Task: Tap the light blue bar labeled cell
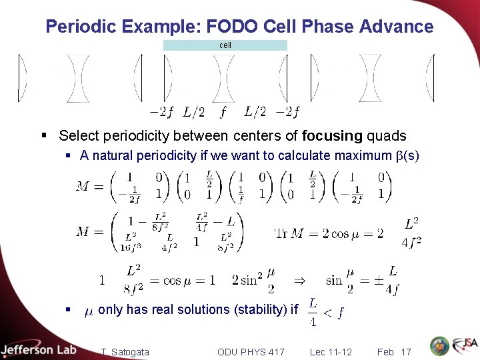[225, 45]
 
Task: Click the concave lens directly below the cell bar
[223, 79]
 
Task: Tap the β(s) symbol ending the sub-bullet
[407, 156]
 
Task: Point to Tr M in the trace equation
[289, 233]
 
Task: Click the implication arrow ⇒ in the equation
[300, 281]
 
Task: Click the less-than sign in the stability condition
[327, 312]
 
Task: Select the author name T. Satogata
[125, 351]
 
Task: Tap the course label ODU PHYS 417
[251, 351]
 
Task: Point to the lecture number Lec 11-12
[331, 351]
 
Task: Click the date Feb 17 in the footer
[393, 351]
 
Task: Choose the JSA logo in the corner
[465, 346]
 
